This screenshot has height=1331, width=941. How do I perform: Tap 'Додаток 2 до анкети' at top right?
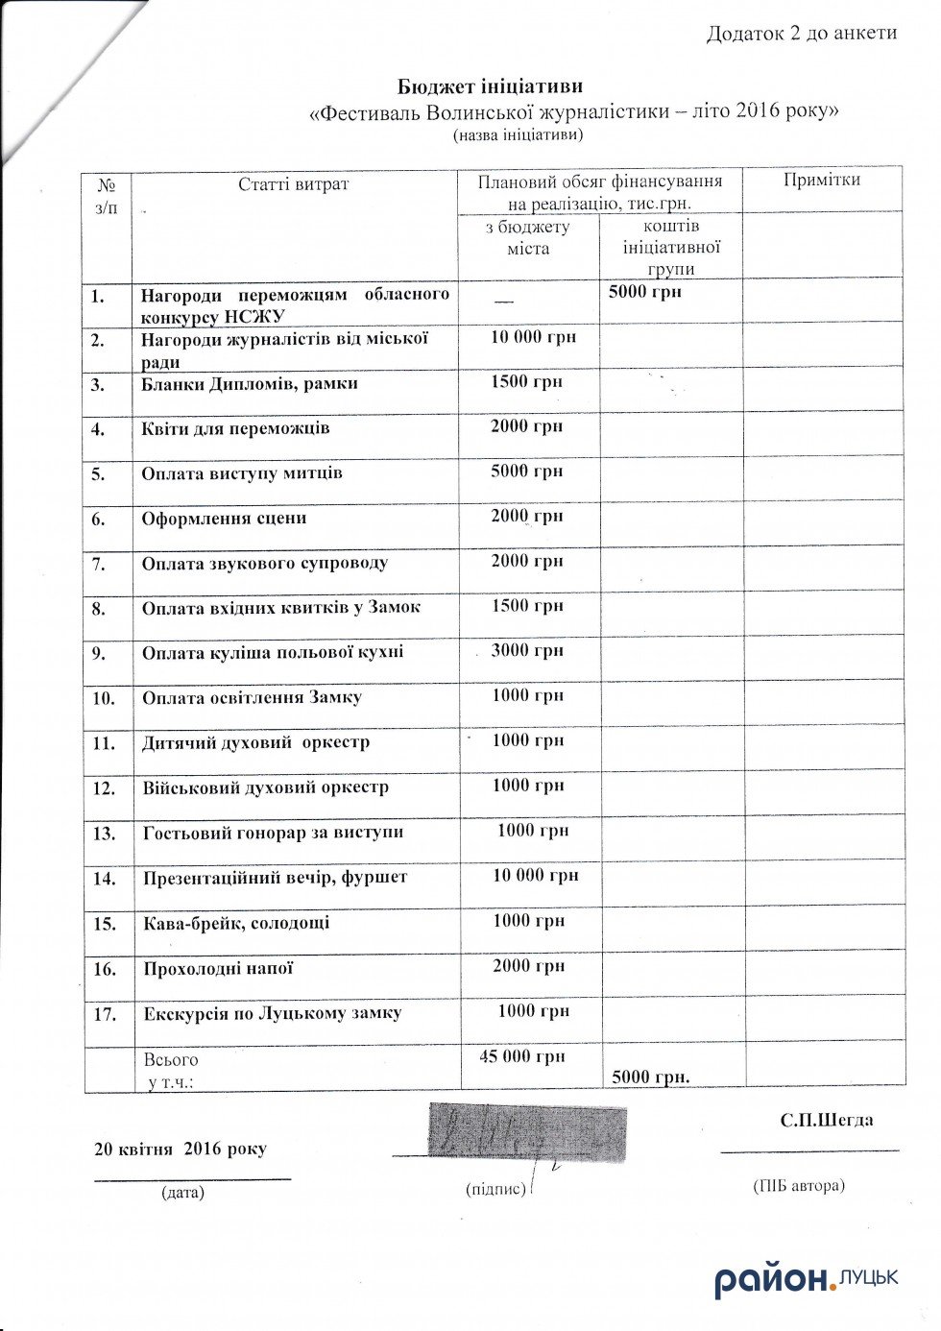pos(801,34)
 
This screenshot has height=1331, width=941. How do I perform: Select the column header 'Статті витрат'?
pos(294,183)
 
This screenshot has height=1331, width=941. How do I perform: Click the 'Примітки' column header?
pos(822,180)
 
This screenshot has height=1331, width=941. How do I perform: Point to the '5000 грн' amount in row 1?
pos(645,291)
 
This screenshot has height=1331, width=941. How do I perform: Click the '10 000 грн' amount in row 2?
pos(533,336)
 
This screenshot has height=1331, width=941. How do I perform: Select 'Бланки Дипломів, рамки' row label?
pos(250,384)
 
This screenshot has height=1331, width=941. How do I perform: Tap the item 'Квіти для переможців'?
pos(235,428)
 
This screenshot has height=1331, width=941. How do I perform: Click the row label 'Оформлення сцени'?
pos(224,519)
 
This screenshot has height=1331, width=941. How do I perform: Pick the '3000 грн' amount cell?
pos(527,651)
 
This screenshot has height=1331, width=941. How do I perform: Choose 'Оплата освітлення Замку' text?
pos(252,697)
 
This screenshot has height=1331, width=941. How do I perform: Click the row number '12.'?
pos(104,788)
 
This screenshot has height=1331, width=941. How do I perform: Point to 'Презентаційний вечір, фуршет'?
pos(275,878)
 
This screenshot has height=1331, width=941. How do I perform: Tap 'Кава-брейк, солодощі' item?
pos(236,924)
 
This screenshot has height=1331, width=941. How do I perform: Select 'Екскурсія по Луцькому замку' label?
pos(272,1013)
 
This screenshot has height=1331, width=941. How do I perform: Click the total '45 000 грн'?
pos(522,1056)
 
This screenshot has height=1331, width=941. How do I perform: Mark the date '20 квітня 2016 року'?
pos(181,1149)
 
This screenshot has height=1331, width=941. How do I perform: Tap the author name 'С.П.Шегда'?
pos(827,1120)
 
